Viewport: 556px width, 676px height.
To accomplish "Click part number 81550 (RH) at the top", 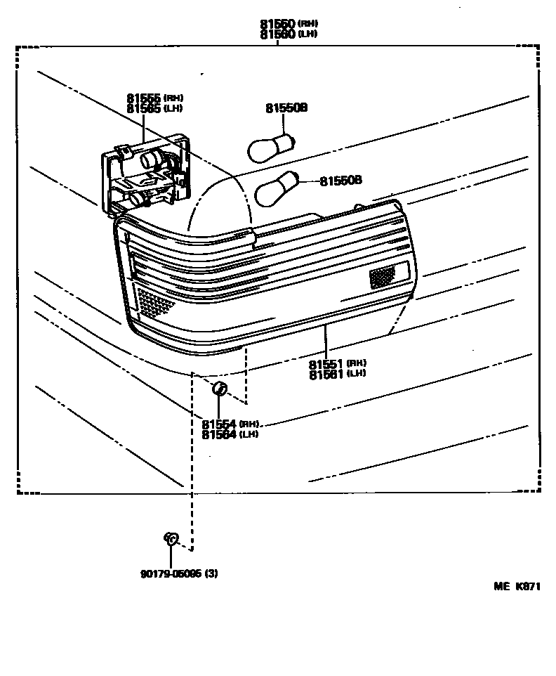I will click(277, 24).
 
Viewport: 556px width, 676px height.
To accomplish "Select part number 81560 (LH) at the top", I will click(277, 34).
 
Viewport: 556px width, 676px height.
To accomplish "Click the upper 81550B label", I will click(286, 108).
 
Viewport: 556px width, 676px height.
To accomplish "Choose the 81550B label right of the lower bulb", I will click(340, 181).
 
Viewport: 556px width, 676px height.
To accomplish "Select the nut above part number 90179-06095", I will click(171, 540).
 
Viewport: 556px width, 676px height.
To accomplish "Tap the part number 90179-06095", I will click(171, 573).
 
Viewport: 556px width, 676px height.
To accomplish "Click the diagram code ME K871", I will click(517, 585).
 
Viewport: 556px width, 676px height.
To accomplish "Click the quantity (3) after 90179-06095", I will click(211, 573).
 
